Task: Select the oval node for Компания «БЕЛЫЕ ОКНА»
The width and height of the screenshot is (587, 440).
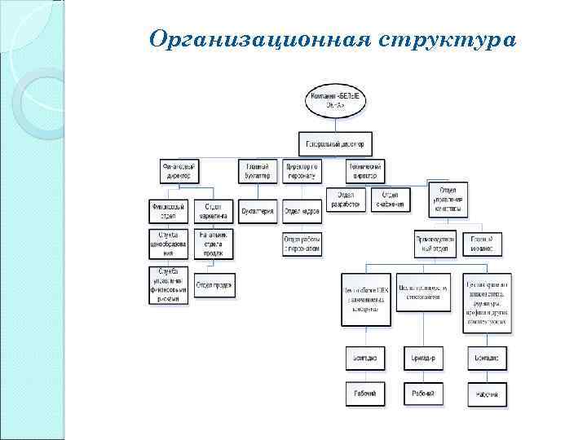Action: [337, 103]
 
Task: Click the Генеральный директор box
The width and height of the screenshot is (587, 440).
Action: [336, 144]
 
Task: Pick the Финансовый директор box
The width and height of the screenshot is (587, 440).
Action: [179, 170]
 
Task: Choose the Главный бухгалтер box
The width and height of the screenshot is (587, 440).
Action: [258, 170]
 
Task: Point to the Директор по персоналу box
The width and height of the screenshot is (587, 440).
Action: [303, 170]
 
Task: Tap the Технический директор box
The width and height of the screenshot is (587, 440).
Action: [364, 170]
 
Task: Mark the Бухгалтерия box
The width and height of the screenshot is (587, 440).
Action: [258, 210]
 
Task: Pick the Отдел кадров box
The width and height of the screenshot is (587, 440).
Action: [302, 210]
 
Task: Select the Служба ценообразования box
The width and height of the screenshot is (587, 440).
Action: [169, 243]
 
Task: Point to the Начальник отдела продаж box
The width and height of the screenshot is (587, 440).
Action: [214, 243]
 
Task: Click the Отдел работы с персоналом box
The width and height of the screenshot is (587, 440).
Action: [302, 243]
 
